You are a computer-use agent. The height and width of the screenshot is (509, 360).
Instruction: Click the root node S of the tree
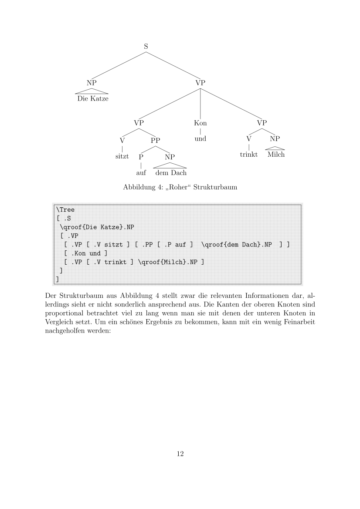pos(146,46)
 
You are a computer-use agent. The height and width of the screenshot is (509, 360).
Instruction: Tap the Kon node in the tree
pos(200,123)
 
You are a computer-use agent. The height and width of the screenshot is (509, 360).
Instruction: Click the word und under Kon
pos(200,139)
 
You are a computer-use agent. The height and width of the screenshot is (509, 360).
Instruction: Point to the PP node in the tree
pos(156,140)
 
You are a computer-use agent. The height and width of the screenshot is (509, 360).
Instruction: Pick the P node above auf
pos(141,156)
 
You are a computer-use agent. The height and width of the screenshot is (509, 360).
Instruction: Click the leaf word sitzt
pos(122,155)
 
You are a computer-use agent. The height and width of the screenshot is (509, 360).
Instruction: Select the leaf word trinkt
pos(248,155)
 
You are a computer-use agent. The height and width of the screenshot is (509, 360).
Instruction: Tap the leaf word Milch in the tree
pos(275,155)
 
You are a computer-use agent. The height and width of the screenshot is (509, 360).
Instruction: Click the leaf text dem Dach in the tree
pos(171,172)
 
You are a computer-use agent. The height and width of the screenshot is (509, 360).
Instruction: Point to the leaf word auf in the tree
pos(141,172)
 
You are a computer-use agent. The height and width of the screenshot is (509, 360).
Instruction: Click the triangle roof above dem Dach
pos(170,165)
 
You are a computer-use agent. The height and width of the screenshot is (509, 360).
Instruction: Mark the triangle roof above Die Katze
pos(92,91)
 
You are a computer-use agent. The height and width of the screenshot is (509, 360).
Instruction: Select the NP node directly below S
pos(92,82)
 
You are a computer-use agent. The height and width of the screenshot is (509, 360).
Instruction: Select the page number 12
pos(180,454)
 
